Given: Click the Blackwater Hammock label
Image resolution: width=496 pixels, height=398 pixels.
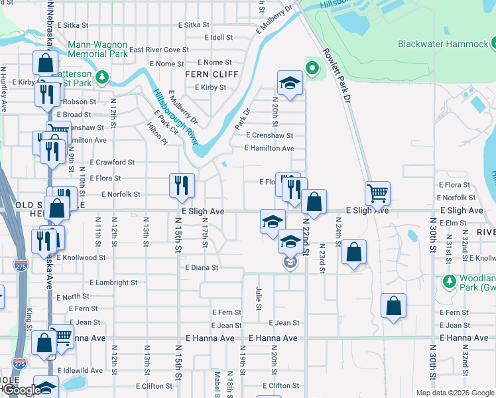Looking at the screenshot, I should [442, 44].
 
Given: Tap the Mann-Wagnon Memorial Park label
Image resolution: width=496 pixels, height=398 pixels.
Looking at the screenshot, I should [97, 50].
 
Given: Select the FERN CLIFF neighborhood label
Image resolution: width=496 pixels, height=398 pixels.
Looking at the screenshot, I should [212, 74].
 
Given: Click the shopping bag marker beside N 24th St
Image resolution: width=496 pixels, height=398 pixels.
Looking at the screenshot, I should [354, 252].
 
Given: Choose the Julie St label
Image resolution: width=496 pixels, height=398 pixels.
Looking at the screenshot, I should [259, 297].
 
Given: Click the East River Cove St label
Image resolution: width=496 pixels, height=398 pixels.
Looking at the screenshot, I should [159, 50].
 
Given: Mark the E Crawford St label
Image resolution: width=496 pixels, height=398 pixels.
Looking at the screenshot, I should [112, 162].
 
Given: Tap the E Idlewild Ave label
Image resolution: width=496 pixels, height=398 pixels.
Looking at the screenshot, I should [80, 370].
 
